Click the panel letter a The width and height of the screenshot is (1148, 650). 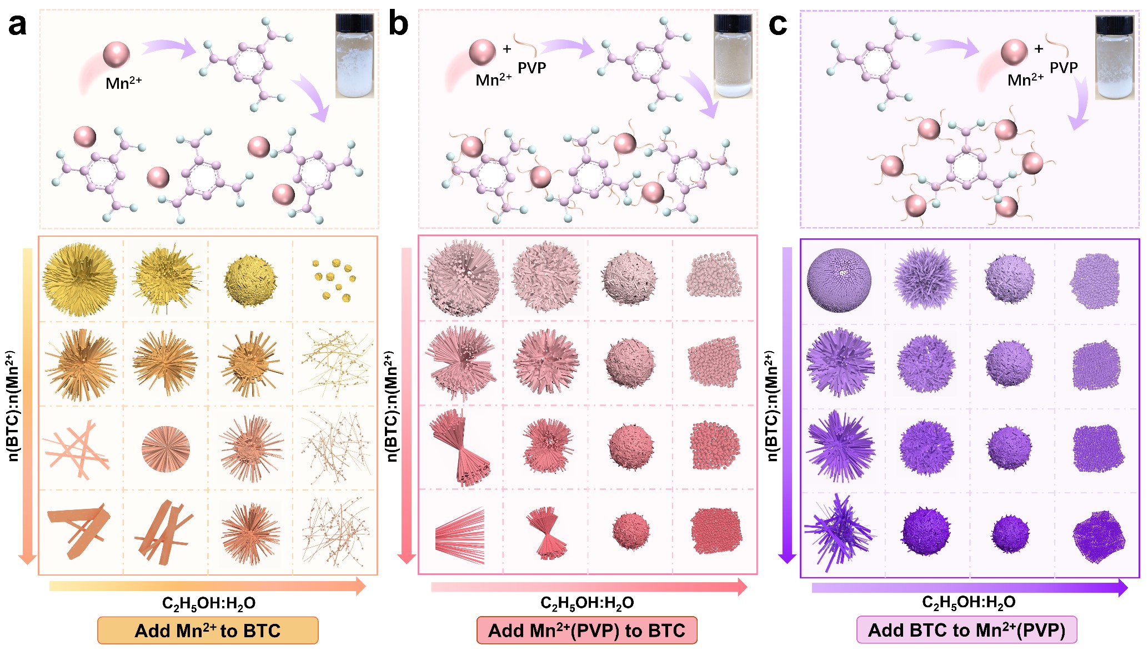[17, 25]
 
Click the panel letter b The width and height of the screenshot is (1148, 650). [398, 25]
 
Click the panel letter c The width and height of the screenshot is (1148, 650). [778, 25]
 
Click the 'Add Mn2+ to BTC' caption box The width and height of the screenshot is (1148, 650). [208, 631]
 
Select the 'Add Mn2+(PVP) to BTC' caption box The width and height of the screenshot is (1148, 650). [586, 631]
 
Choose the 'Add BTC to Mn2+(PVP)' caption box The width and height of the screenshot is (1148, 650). [966, 630]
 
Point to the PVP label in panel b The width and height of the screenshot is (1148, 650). [532, 68]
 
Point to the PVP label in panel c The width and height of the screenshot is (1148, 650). [1064, 68]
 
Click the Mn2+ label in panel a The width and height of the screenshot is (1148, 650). [123, 83]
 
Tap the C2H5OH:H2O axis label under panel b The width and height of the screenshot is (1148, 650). [587, 603]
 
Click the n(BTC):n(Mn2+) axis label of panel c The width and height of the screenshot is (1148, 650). [771, 406]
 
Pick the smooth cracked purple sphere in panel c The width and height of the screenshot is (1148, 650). [839, 280]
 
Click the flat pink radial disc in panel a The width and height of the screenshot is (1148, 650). [166, 448]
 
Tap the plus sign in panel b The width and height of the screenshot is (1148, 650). [507, 49]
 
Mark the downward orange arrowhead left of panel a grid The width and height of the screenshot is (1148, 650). [27, 558]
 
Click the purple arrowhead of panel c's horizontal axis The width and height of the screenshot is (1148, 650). [1122, 587]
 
